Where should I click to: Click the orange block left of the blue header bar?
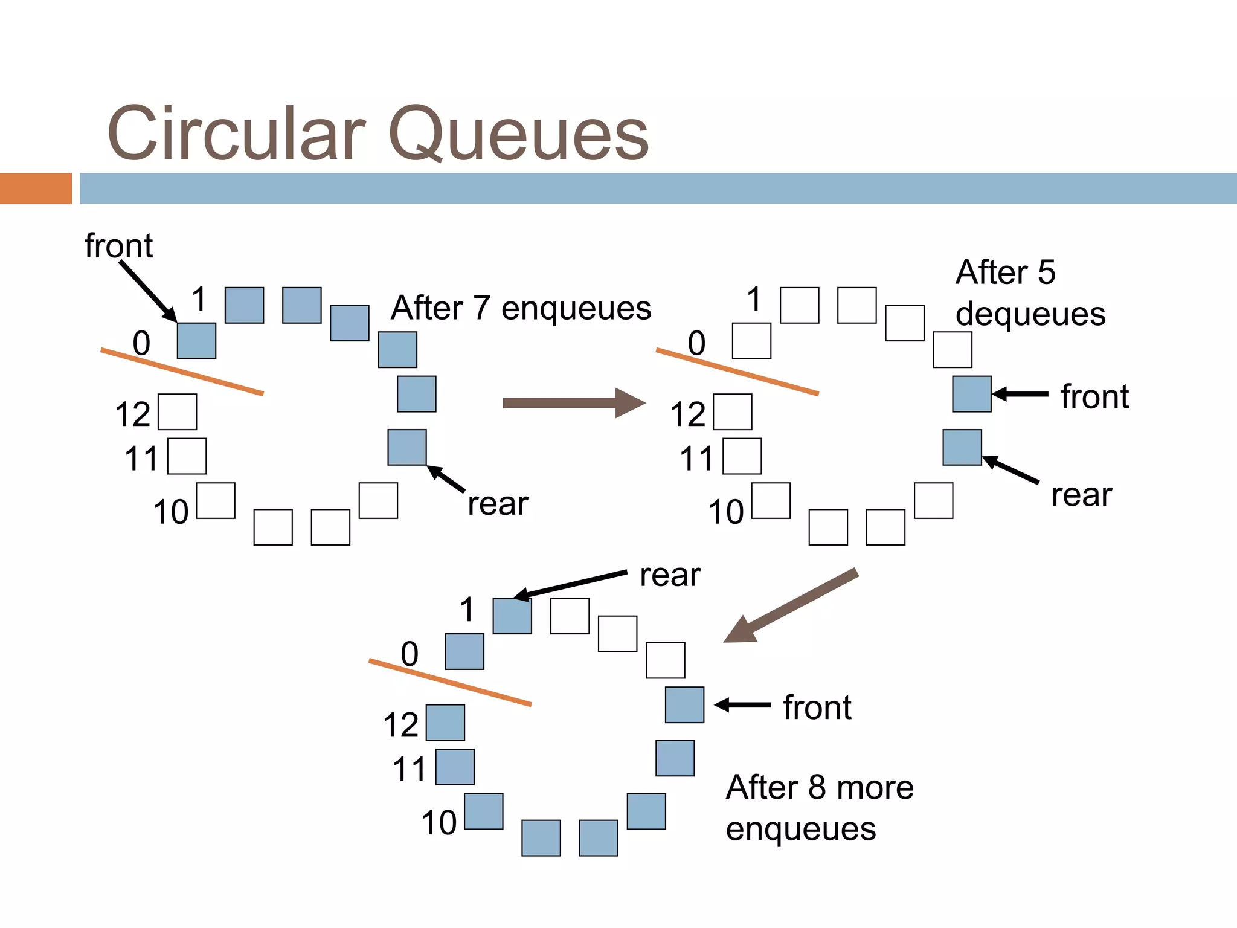[x=36, y=188]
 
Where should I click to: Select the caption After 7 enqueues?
[x=521, y=308]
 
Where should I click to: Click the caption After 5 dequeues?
[x=1030, y=293]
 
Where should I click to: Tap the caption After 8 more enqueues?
[x=819, y=808]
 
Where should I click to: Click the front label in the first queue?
[x=118, y=246]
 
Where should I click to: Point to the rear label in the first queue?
[x=498, y=503]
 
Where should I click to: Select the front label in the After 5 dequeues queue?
[x=1094, y=397]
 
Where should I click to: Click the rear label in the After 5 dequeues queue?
[x=1081, y=495]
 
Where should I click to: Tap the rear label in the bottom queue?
[x=670, y=575]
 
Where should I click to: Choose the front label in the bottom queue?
[x=817, y=707]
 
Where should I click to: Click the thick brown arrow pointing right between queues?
[x=574, y=403]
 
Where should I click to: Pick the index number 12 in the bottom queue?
[x=400, y=725]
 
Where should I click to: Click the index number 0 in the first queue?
[x=141, y=343]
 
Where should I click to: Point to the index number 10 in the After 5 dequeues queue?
[x=725, y=512]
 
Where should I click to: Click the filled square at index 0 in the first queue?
[x=196, y=341]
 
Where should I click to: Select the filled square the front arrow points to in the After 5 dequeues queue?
[x=971, y=394]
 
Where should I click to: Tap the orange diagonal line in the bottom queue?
[x=450, y=683]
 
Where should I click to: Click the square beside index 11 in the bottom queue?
[x=455, y=767]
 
